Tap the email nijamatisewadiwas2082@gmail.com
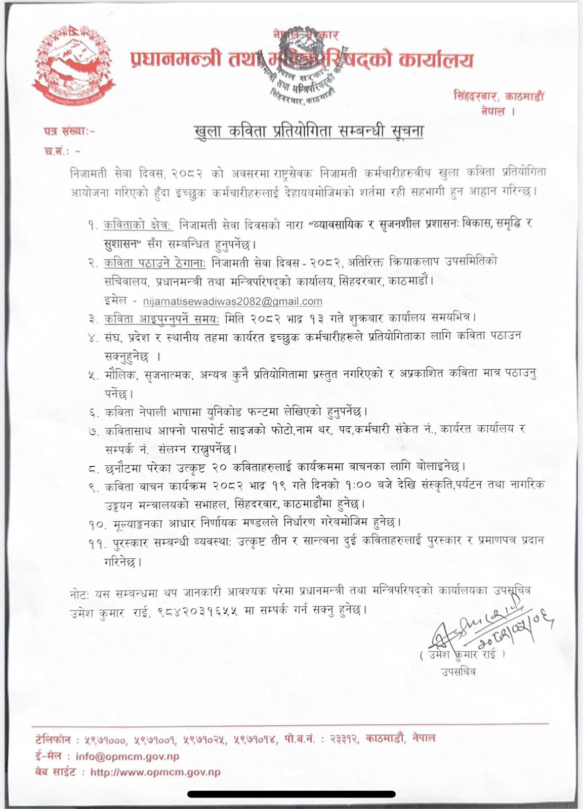tap(233, 301)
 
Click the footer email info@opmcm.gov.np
tap(127, 757)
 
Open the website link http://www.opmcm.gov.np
tap(155, 772)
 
